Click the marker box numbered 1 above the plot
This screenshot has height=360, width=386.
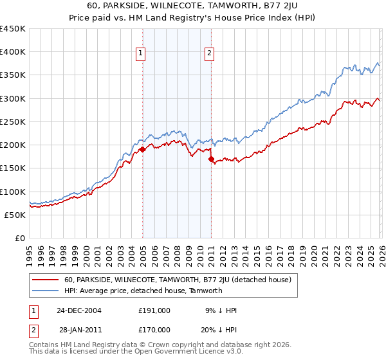(x=141, y=54)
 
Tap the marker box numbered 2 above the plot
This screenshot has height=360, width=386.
(x=210, y=54)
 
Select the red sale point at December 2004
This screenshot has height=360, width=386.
(x=142, y=149)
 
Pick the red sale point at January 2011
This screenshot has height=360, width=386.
(x=211, y=159)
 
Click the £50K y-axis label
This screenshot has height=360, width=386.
(x=15, y=215)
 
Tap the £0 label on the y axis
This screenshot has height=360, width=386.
(x=20, y=238)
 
